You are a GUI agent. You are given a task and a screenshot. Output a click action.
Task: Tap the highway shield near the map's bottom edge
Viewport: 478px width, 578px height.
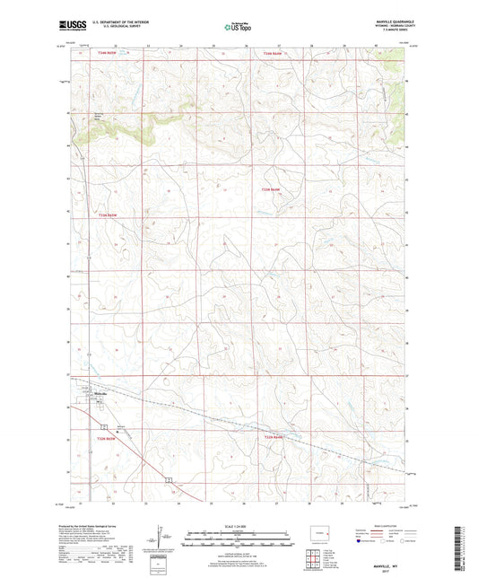[167, 482]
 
